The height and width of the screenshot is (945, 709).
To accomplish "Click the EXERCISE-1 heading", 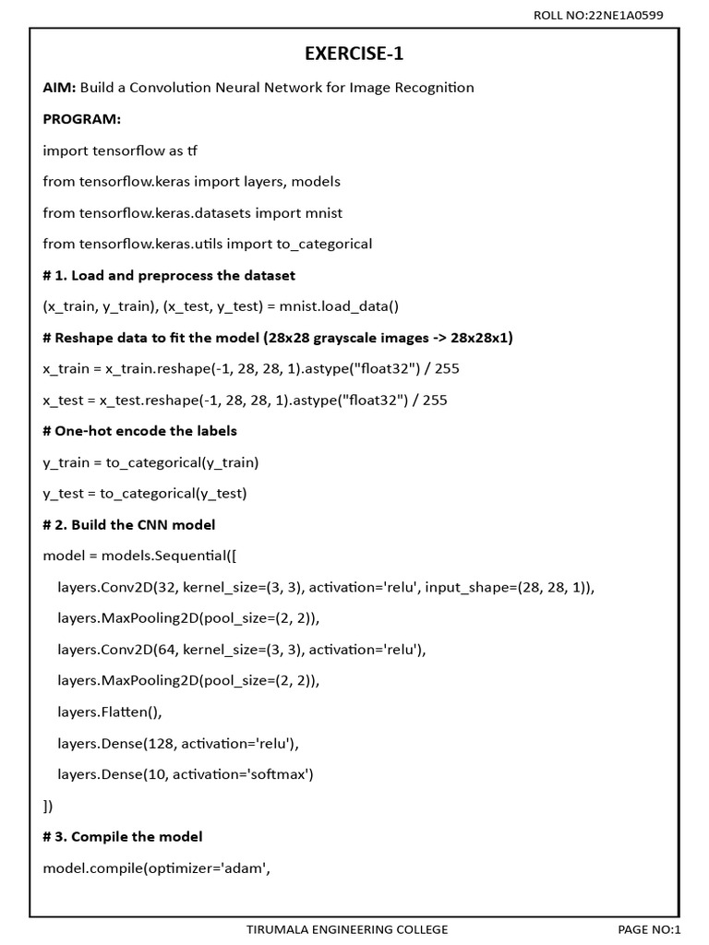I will click(354, 54).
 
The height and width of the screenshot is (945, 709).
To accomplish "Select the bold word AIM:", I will click(59, 88).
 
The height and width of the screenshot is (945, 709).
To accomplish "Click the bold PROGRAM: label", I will click(82, 119).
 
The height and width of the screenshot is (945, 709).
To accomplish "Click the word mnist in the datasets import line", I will click(322, 212).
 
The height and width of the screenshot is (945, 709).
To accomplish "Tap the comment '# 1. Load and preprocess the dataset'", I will click(169, 275).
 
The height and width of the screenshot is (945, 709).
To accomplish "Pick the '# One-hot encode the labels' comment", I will click(140, 431).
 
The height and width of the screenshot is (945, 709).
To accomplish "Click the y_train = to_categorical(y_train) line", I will click(150, 462).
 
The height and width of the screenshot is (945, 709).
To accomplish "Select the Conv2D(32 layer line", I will click(326, 587).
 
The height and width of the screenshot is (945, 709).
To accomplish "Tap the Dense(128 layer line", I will click(179, 743).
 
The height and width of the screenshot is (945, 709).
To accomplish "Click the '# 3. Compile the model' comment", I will click(123, 836).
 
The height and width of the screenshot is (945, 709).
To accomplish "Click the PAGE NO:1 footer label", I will click(649, 929).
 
